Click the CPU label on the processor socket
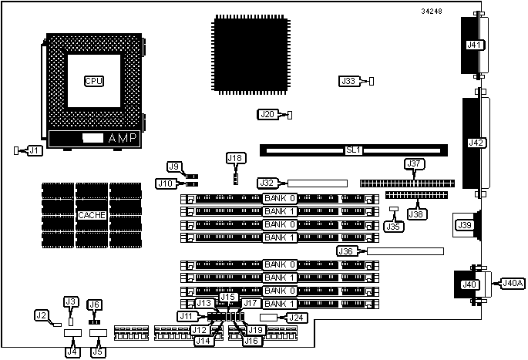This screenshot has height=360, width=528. click(x=93, y=81)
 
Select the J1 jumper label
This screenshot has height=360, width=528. click(x=35, y=150)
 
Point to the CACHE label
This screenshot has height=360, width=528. click(x=92, y=214)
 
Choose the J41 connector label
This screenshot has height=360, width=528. click(x=475, y=45)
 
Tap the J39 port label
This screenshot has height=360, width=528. click(x=466, y=225)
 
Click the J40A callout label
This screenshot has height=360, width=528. click(x=513, y=283)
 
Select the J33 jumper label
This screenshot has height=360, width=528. click(x=349, y=80)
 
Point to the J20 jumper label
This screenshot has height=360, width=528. click(x=267, y=115)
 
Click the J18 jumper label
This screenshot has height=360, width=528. click(x=235, y=158)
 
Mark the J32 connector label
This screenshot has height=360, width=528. click(x=267, y=183)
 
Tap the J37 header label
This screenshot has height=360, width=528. click(x=414, y=163)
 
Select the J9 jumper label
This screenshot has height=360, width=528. click(x=175, y=166)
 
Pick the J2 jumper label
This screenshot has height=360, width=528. click(x=42, y=315)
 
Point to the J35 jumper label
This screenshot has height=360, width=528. click(x=393, y=227)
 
